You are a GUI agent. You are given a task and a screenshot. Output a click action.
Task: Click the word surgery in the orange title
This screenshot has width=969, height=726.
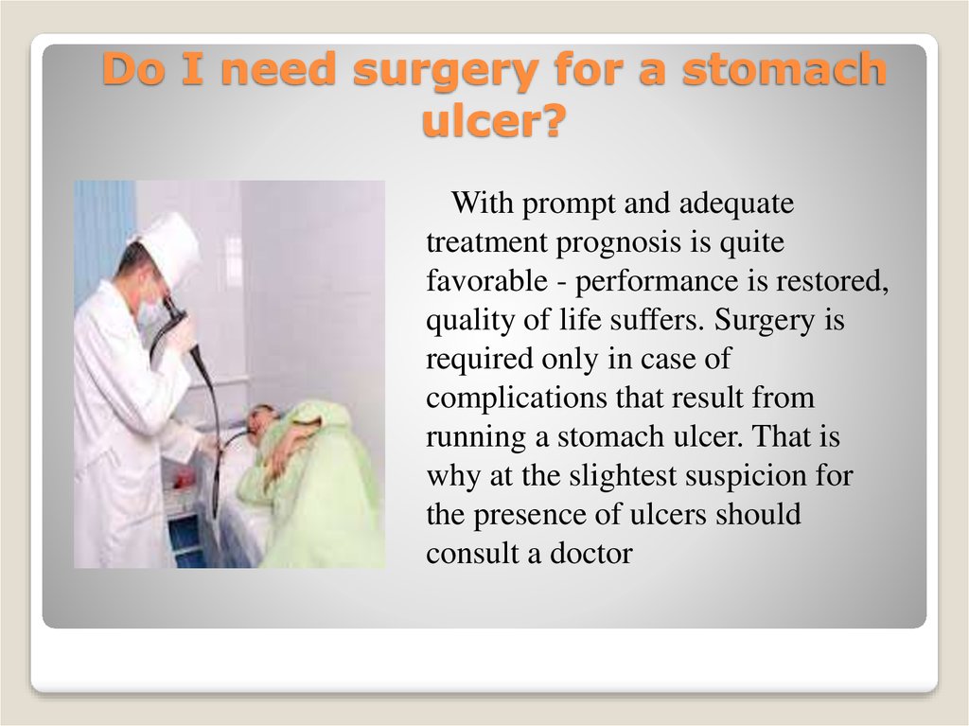446,70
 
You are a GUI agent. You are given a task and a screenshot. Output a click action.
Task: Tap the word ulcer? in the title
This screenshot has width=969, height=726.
494,120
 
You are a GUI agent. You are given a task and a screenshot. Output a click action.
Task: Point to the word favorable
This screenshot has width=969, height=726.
487,281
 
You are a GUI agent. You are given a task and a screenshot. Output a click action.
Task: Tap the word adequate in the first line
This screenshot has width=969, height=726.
736,204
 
